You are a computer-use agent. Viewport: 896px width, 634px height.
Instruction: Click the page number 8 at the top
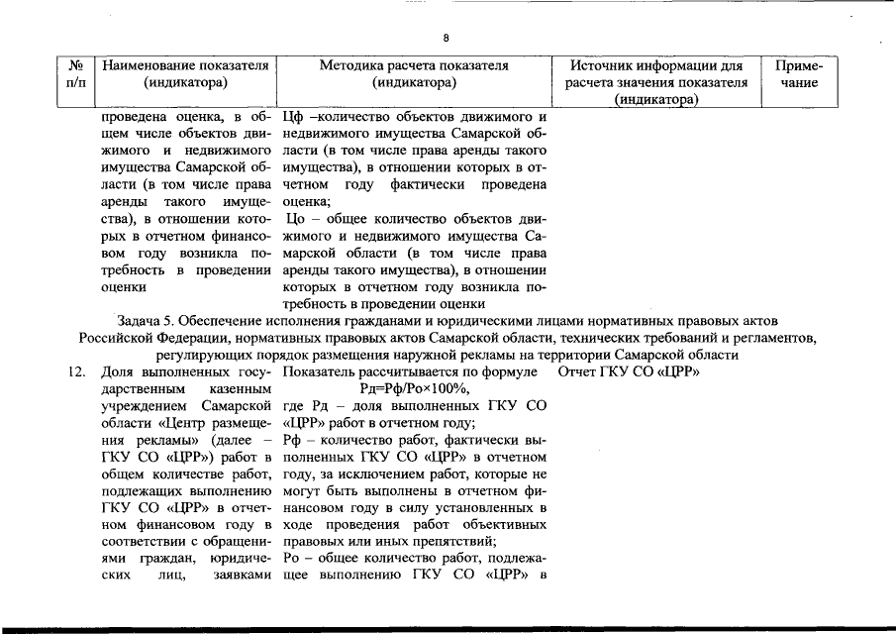click(x=446, y=38)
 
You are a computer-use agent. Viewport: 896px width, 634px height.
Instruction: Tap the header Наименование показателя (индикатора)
click(x=186, y=74)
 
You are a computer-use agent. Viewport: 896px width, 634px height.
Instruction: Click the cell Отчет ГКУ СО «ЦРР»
click(x=630, y=372)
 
